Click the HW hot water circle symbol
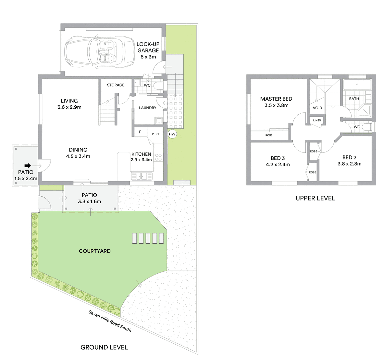pos(172,134)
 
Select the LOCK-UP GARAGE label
pos(148,47)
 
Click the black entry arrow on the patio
pos(27,166)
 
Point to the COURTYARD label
pos(95,251)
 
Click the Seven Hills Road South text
pos(110,321)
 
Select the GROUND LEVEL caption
pos(104,347)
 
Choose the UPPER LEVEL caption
pos(315,198)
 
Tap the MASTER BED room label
pos(276,99)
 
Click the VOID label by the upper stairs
pos(317,108)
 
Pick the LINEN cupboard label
pos(317,120)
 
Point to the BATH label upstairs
pos(354,99)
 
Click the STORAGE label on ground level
pos(116,85)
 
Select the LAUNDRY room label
pos(148,108)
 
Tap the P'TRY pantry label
pos(156,134)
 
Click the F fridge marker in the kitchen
pos(140,132)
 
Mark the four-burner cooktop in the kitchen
pos(158,157)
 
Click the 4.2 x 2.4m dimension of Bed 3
pos(278,165)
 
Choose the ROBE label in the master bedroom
pos(269,135)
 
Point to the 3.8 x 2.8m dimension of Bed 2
pos(350,164)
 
